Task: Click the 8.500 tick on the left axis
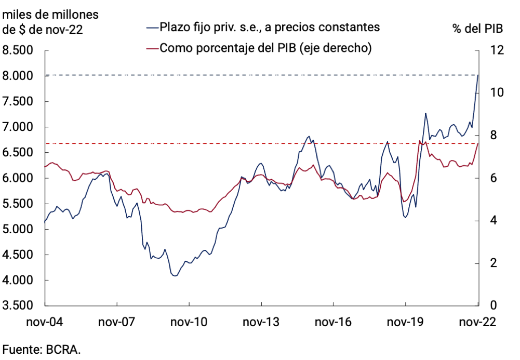19,50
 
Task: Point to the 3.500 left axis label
19,305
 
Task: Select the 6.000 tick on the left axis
19,178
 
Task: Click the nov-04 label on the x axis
44,322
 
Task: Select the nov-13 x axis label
261,322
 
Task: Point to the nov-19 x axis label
405,322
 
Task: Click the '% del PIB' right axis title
477,29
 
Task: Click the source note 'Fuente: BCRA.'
42,349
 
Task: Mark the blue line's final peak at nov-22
478,75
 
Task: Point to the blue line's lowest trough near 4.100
175,276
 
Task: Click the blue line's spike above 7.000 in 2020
425,113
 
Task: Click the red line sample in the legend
152,48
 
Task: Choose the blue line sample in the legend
152,26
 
